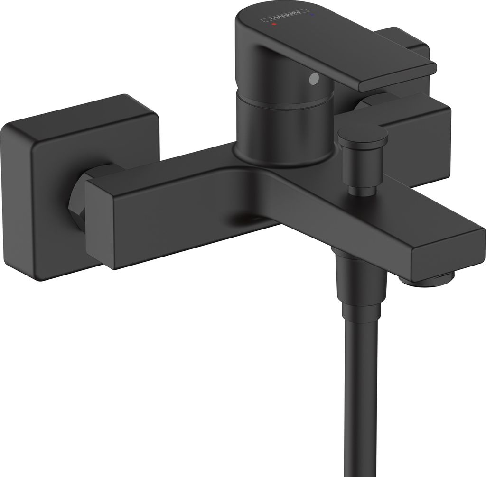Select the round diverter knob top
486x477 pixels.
363,132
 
